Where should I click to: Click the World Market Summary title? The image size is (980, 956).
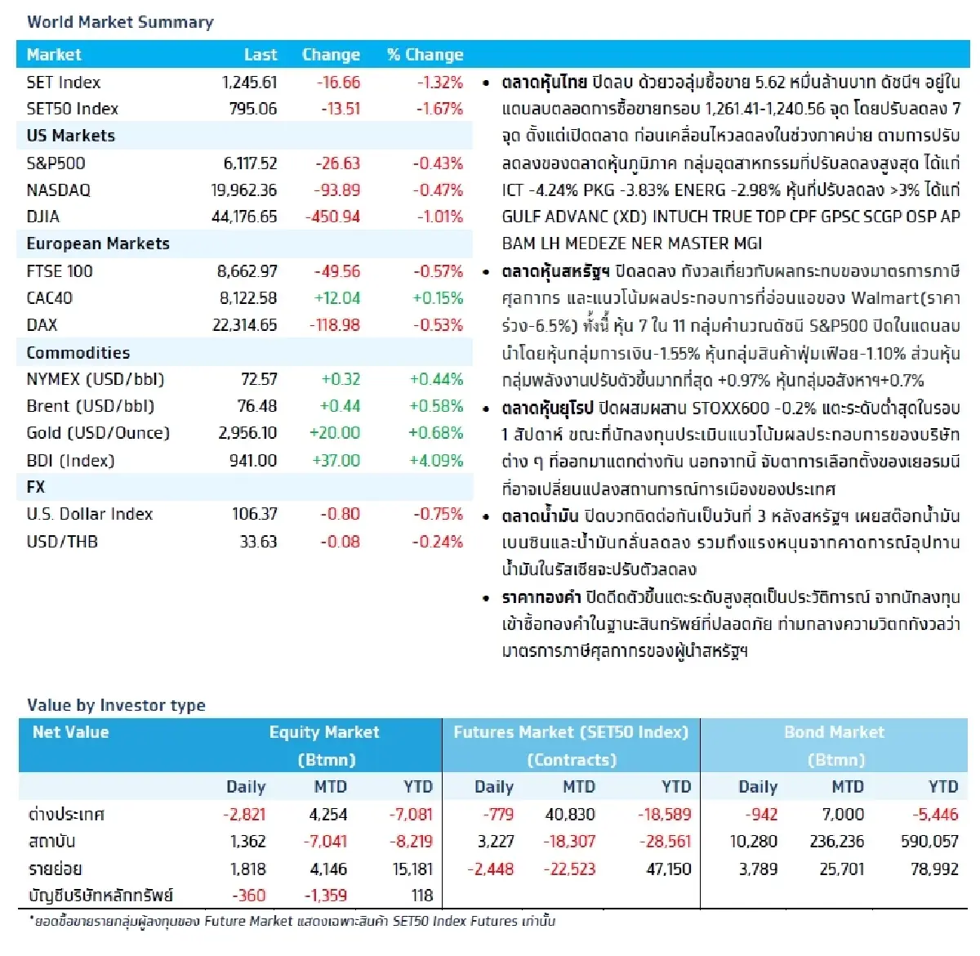120,22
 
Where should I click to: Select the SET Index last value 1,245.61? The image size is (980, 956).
249,83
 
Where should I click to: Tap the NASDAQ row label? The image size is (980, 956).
58,190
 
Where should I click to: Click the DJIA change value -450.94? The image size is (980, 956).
332,217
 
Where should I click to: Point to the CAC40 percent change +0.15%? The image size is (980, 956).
436,298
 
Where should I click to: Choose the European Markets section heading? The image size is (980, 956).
98,244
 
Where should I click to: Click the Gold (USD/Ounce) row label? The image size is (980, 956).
98,433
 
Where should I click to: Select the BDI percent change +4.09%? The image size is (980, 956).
436,461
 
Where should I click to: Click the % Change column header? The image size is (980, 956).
425,55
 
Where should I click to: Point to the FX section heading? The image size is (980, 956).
36,487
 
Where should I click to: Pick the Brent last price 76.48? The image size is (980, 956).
257,406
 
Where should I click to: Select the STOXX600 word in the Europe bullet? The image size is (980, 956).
730,408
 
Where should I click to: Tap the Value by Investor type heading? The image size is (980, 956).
116,705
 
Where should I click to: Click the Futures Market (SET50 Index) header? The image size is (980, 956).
571,732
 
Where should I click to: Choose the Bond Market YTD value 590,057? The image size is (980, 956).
929,842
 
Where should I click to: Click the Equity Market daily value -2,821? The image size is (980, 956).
244,815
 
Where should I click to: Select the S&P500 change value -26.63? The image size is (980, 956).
337,163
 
